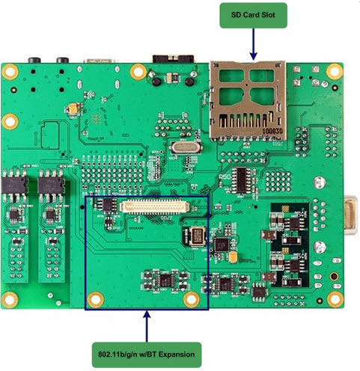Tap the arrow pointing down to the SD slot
point(254,45)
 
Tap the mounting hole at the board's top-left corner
point(10,73)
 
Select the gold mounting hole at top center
point(138,72)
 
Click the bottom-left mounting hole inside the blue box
point(95,300)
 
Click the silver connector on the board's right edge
point(352,217)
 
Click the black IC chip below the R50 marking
point(242,179)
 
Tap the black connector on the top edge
point(171,58)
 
